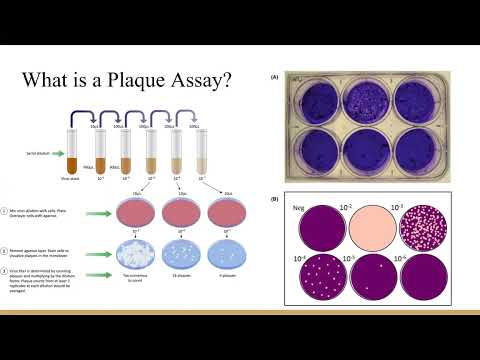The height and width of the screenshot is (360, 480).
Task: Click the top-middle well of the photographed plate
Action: click(370, 99)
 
